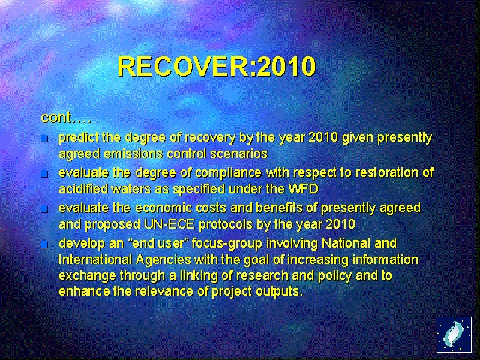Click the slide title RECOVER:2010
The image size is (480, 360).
217,67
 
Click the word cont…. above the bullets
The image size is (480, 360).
66,118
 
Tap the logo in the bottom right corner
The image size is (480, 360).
454,334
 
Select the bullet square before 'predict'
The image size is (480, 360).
44,139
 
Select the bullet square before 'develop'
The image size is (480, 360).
44,244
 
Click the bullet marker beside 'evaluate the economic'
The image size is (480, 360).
44,209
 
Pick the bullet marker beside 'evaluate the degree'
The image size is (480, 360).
44,174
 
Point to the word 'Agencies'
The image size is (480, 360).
157,259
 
